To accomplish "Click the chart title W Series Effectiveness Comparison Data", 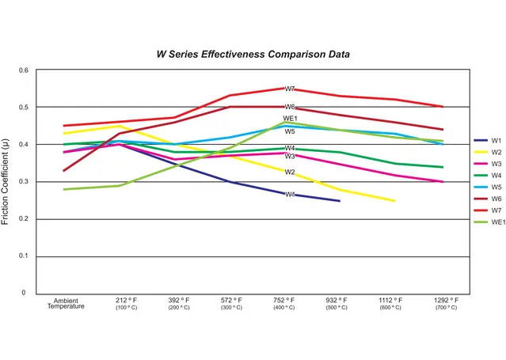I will (253, 55).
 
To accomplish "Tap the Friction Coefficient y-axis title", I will (7, 181).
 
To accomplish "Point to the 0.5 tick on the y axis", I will (23, 107).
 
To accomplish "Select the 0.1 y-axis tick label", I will (23, 256).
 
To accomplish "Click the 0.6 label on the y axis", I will (23, 70).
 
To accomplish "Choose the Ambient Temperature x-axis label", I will (65, 303).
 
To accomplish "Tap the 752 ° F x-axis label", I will (284, 301).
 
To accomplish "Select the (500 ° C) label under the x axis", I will (337, 308).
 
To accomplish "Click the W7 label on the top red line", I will (290, 89).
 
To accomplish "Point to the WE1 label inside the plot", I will (290, 119).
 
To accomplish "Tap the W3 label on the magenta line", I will (290, 157).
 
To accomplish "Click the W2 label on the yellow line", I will (290, 172).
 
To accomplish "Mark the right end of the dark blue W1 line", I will (339, 201).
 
